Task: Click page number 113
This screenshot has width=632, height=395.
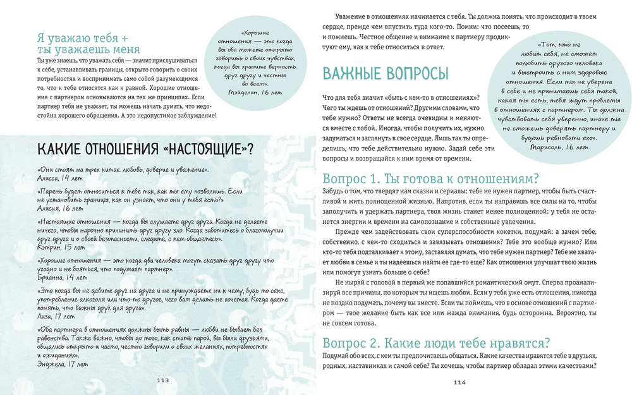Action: pos(162,380)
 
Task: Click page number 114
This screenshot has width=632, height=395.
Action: pos(459,382)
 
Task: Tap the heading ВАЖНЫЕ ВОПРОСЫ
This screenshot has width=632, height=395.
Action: pos(386,73)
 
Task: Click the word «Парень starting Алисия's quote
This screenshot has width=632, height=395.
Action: pos(53,191)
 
